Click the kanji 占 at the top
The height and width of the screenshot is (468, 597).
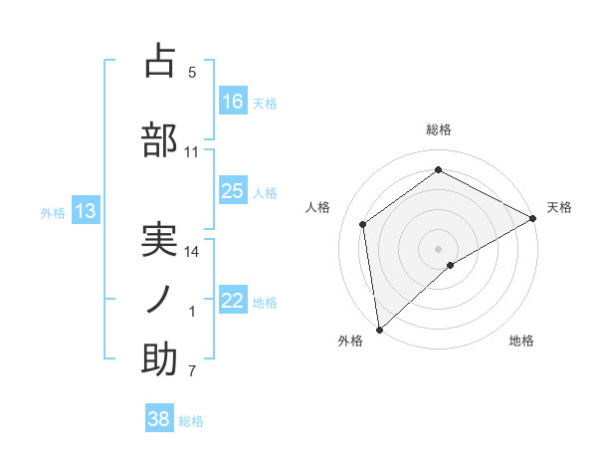tap(159, 61)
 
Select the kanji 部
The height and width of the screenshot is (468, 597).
tap(159, 138)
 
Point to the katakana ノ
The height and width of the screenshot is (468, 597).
tap(159, 300)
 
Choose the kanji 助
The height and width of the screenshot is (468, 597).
tap(159, 360)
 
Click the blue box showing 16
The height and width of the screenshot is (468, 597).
tap(233, 101)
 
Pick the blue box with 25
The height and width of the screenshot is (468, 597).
tap(233, 191)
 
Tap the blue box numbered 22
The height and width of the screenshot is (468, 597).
tap(233, 301)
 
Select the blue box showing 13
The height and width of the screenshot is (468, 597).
tap(85, 211)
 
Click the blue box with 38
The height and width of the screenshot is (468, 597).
tap(159, 419)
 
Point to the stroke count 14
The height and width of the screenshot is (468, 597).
tap(192, 252)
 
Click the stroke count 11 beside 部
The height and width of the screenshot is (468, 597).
tap(192, 152)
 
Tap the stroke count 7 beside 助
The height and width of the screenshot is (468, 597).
tap(192, 372)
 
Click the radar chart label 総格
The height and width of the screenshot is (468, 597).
tap(439, 129)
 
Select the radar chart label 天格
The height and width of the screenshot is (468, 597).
tap(559, 207)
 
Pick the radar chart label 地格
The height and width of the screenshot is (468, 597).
tap(521, 341)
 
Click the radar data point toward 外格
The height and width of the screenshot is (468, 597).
tap(379, 329)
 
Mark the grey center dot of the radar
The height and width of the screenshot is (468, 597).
tap(439, 248)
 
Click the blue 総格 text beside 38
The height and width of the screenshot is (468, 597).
tap(191, 421)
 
